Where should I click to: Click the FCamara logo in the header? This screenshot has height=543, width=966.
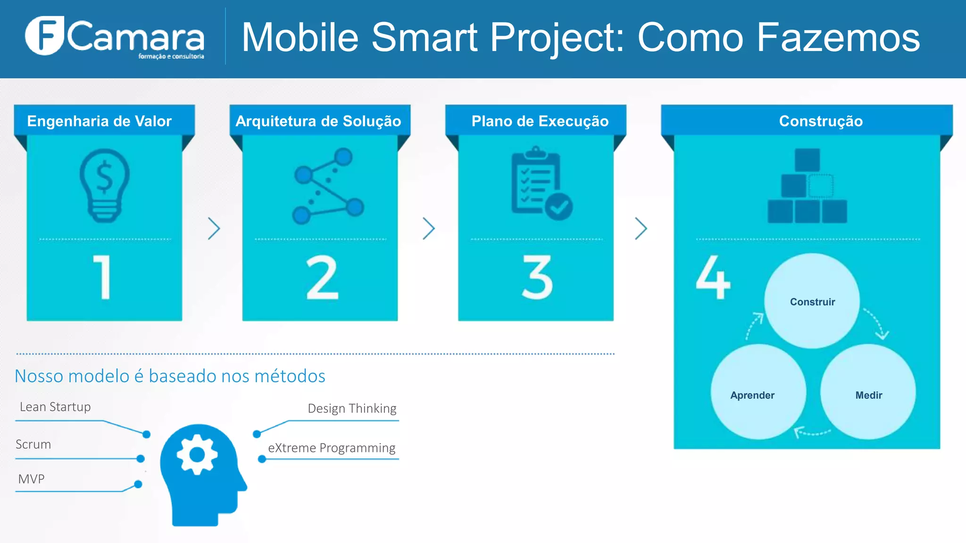(115, 37)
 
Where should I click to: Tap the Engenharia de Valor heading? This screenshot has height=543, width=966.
(99, 121)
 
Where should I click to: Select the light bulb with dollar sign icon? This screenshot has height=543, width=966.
(104, 185)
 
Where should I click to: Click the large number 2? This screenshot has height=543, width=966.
(322, 278)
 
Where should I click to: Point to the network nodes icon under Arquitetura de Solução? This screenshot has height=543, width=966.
(328, 186)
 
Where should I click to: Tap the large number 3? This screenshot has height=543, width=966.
(537, 278)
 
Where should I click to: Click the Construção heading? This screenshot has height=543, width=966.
(821, 121)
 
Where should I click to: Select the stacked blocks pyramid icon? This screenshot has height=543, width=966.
(807, 186)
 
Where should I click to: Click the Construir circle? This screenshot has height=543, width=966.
(812, 302)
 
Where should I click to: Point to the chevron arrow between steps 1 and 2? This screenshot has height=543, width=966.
(214, 229)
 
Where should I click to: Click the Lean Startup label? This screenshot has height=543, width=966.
(55, 407)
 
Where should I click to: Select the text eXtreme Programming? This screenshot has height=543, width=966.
(332, 448)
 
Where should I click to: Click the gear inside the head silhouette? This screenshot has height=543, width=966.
(197, 454)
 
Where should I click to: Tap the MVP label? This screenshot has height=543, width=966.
(31, 479)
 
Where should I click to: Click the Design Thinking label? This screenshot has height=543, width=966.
(352, 408)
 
